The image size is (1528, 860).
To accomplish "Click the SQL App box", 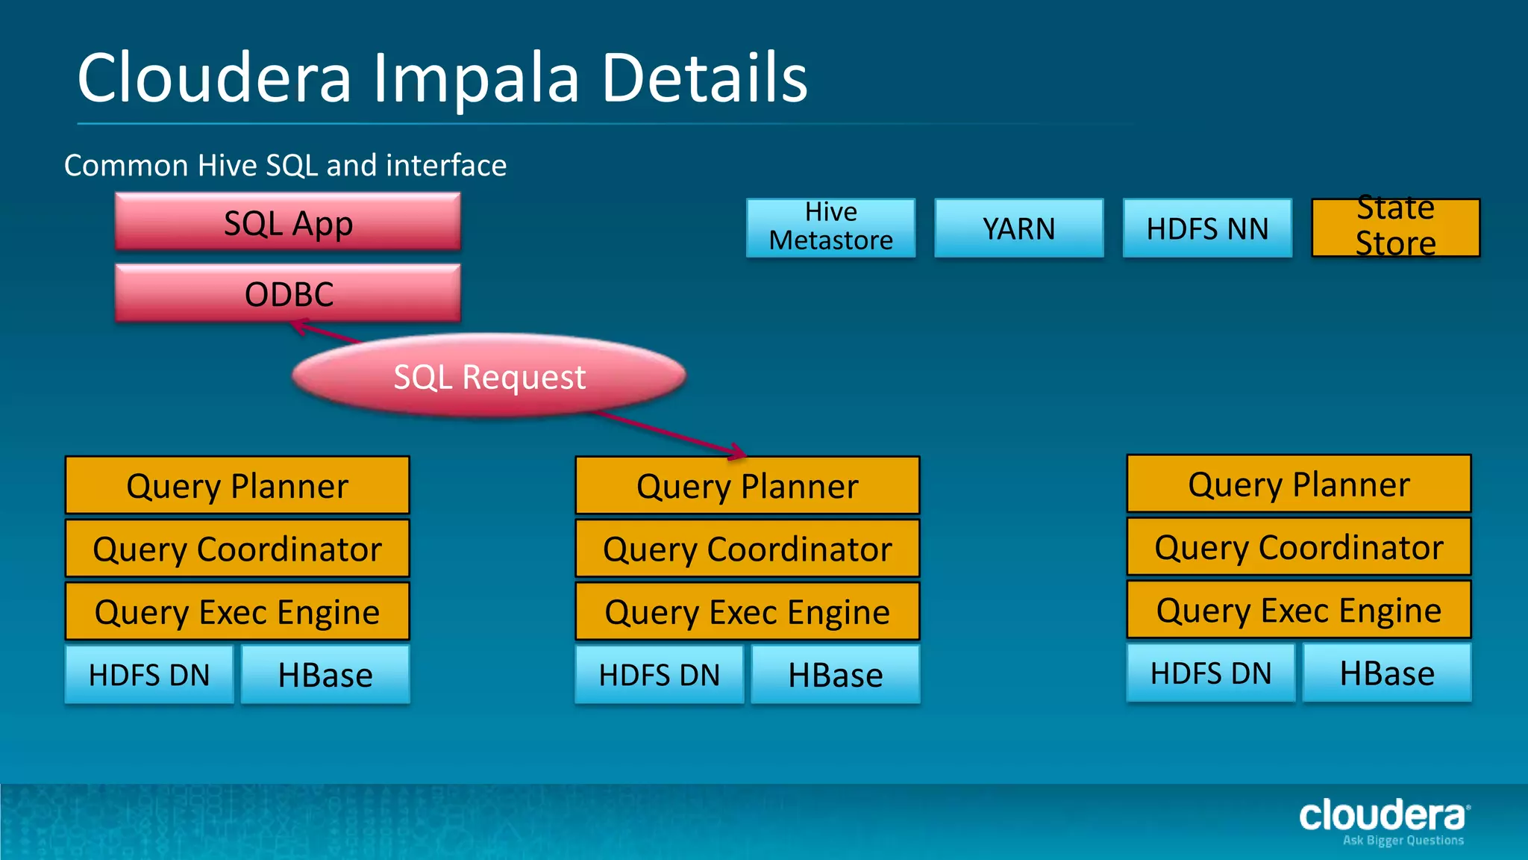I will click(x=288, y=222).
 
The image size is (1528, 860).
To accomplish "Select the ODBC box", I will click(x=288, y=293).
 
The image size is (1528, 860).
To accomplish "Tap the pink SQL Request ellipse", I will click(x=489, y=376).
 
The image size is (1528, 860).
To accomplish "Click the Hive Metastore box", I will click(x=830, y=227).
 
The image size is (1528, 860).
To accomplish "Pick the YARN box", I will click(x=1018, y=228).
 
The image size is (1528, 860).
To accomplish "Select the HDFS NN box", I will click(x=1206, y=228).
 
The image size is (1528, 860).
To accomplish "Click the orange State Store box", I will click(x=1395, y=227).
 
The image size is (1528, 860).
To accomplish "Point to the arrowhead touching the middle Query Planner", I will click(x=737, y=451).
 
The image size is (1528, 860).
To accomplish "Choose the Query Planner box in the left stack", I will click(x=237, y=485).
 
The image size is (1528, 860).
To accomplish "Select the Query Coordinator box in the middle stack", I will click(x=747, y=549).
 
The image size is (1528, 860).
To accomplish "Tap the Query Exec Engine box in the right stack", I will click(x=1298, y=610).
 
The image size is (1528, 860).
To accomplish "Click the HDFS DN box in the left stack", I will click(x=149, y=674).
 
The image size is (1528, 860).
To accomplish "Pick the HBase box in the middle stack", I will click(x=835, y=674).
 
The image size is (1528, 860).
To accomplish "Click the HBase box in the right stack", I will click(x=1386, y=673).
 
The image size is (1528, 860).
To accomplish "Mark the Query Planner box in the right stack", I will click(x=1298, y=484).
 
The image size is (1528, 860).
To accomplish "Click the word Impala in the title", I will click(x=475, y=79).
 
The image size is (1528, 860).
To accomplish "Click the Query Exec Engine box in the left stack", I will click(x=237, y=611).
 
